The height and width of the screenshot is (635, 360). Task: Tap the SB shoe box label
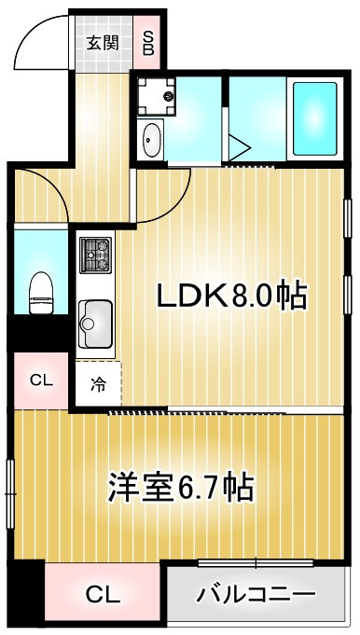(x=147, y=42)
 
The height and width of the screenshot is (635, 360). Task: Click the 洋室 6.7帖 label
(x=181, y=487)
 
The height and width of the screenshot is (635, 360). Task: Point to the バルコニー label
(x=256, y=595)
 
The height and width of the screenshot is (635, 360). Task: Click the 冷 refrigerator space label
(x=98, y=382)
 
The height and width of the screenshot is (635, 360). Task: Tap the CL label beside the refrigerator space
(x=40, y=380)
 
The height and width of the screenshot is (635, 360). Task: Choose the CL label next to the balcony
(x=104, y=595)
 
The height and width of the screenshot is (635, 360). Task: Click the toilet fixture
(x=40, y=291)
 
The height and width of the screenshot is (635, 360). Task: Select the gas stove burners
(x=95, y=254)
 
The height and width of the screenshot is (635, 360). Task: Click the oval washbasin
(x=151, y=142)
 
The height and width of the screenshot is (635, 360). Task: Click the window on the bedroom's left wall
(x=10, y=486)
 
